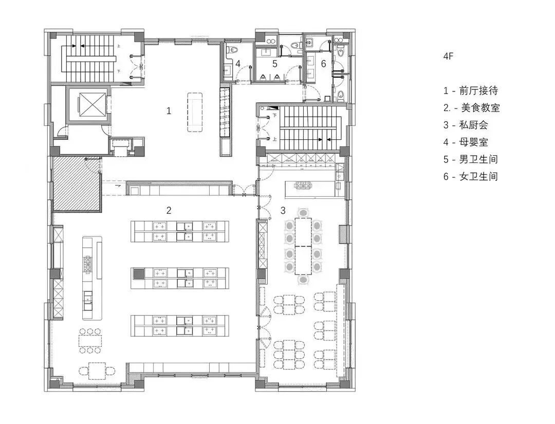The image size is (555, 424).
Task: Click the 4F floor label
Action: tap(448, 56)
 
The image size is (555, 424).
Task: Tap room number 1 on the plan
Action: tap(169, 111)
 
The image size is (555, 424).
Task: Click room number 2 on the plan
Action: tap(169, 211)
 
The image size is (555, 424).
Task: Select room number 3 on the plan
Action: tap(283, 211)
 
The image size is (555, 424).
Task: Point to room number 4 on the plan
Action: tap(238, 64)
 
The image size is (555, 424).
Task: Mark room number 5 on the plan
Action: tap(274, 64)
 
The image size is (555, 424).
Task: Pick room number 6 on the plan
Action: tap(323, 64)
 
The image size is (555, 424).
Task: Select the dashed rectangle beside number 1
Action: tap(195, 112)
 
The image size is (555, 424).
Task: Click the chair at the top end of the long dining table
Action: tap(303, 213)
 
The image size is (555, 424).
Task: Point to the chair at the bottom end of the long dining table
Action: tap(303, 280)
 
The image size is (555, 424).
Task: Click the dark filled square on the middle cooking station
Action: tap(138, 273)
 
